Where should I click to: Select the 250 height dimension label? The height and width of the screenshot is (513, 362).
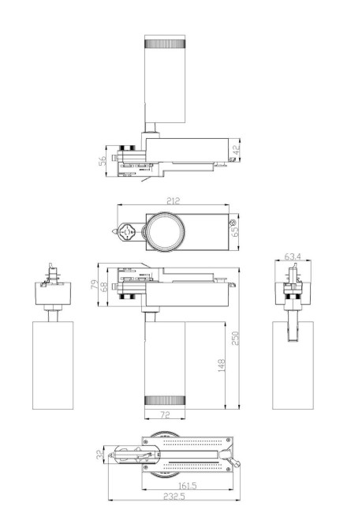[x=235, y=337]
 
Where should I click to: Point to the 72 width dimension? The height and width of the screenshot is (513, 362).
[x=164, y=414]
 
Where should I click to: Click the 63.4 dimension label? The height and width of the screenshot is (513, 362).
[x=293, y=256]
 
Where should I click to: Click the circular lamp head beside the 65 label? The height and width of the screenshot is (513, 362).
[x=165, y=231]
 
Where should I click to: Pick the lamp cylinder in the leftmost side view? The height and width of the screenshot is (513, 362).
[x=53, y=365]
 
